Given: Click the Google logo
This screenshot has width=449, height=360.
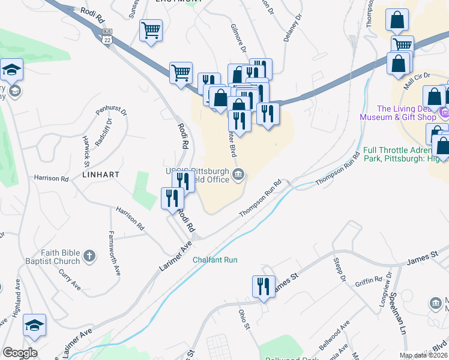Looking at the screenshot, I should point(20,353).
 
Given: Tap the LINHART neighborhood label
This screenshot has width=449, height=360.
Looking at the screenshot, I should point(102,174).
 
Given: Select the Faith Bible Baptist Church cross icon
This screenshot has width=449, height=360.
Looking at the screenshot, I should point(89,256).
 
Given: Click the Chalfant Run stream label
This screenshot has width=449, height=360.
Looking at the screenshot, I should point(215,260).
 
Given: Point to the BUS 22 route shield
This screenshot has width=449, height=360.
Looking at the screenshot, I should point(107,35).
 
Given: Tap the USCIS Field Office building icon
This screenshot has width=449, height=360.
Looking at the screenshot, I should point(239,175).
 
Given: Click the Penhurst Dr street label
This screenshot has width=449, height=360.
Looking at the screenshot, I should point(112,112).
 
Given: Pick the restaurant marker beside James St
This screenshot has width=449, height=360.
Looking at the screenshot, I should point(264,287).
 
